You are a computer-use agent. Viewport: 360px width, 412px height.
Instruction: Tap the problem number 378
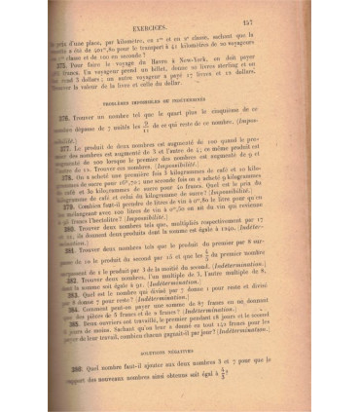click(x=74, y=181)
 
